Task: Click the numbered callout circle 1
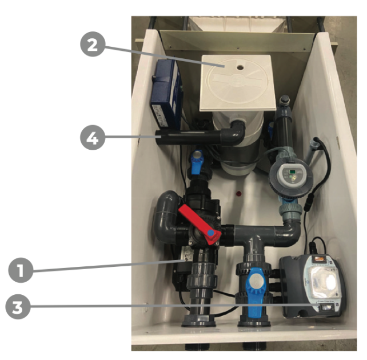click(21, 270)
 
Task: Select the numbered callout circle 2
click(93, 44)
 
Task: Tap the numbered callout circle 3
click(18, 307)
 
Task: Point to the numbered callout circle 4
click(93, 138)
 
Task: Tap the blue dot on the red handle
click(211, 233)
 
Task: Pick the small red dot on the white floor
click(239, 194)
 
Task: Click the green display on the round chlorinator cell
click(292, 172)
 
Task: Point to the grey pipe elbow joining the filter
click(235, 133)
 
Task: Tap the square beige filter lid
click(238, 83)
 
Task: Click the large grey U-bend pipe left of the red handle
click(165, 218)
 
